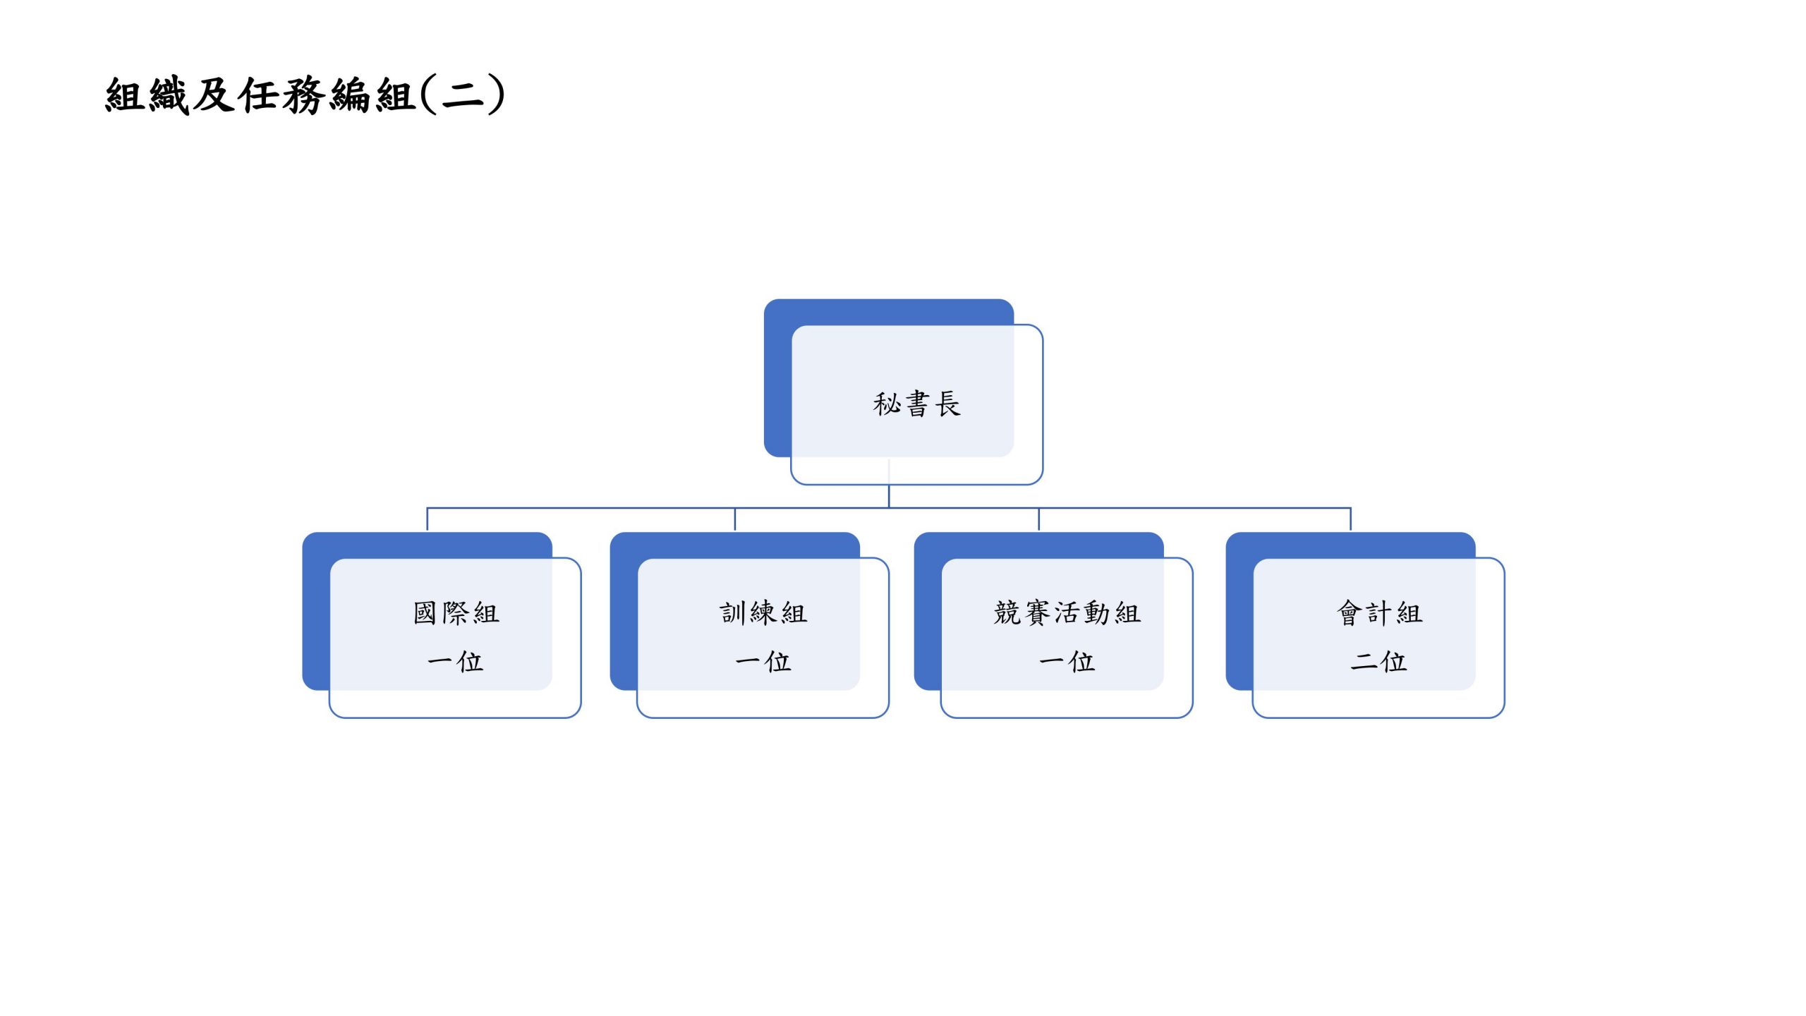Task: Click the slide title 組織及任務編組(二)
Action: [305, 95]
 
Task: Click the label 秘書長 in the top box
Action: [916, 404]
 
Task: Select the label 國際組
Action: [456, 613]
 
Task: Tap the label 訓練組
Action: [763, 613]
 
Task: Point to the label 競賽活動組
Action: [1067, 613]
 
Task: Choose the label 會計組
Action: [1379, 613]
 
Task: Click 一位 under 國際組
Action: [455, 662]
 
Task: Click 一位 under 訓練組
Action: [763, 662]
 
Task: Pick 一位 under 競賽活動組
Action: [1067, 662]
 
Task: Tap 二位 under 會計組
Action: [1378, 662]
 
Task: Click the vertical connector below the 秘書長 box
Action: [889, 495]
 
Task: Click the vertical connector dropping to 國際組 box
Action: [427, 519]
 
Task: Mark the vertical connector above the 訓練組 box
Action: [735, 519]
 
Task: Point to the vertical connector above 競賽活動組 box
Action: [1038, 519]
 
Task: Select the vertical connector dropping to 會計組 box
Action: [1350, 519]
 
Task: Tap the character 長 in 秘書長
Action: [947, 404]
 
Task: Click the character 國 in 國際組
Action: [425, 613]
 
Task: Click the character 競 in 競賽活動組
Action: [1007, 613]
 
